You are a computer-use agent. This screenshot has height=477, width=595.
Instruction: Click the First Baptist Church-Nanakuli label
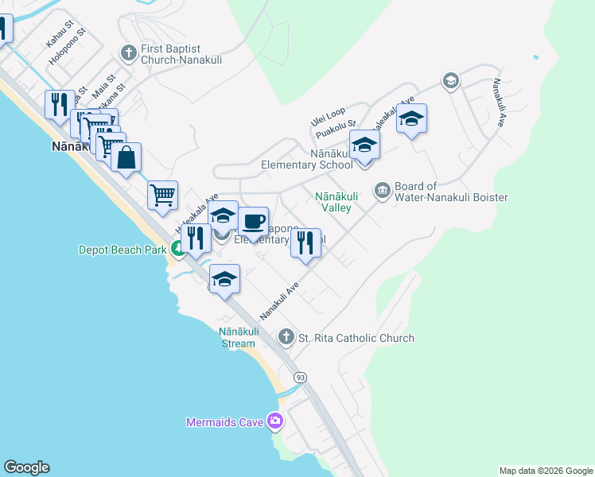[x=181, y=54]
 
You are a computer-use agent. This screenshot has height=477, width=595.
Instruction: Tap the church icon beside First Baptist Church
[x=128, y=53]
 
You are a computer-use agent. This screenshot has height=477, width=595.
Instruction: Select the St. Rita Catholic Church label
[x=356, y=338]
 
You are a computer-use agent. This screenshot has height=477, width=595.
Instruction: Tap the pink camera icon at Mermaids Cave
[x=275, y=421]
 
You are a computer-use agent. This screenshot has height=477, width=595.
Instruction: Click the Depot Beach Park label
[x=122, y=250]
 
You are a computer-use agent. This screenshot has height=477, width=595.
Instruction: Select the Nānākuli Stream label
[x=237, y=338]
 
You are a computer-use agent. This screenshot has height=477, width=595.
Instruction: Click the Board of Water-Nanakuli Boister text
[x=451, y=192]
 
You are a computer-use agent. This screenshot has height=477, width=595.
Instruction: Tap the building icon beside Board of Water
[x=382, y=191]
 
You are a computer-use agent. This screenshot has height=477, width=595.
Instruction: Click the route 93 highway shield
[x=300, y=377]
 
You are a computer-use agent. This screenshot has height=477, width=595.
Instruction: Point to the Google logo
[x=26, y=467]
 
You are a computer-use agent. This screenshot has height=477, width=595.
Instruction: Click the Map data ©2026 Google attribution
[x=546, y=471]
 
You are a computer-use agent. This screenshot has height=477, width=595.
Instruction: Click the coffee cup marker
[x=253, y=221]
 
